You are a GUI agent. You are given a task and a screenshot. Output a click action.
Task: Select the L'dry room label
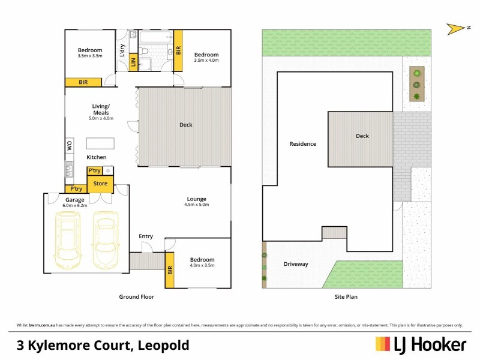pos(122,50)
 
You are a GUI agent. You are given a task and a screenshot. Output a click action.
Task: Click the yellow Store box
pos(100,184)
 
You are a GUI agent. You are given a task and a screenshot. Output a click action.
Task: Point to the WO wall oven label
pos(69,145)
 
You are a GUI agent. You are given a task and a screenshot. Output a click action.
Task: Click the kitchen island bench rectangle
pos(100,143)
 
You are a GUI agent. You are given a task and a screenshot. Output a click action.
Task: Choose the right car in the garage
pos(106,239)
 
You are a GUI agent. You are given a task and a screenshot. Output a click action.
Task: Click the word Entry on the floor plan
pos(146,236)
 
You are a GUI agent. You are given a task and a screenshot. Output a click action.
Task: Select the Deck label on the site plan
pos(362,136)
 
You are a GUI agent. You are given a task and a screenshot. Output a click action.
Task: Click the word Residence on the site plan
pos(302,144)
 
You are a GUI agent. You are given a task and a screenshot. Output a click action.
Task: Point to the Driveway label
pos(296,264)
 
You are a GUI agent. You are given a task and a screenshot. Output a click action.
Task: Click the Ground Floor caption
pos(137,296)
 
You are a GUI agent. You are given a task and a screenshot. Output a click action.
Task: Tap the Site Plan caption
pos(346,296)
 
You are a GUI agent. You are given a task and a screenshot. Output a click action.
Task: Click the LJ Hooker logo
pos(421,344)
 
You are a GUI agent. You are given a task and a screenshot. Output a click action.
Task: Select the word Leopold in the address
pos(164,345)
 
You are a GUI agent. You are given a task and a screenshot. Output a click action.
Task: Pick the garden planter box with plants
pos(416,84)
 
